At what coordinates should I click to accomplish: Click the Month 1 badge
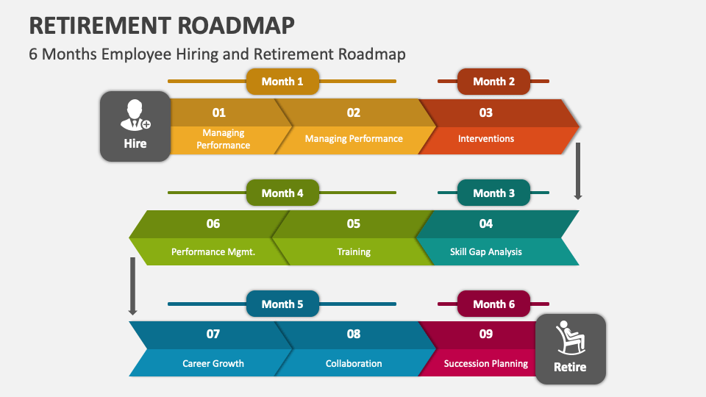[x=282, y=82]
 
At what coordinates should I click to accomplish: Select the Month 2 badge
[x=493, y=82]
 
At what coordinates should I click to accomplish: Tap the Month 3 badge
[x=493, y=193]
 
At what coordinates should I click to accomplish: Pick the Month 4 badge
[x=282, y=193]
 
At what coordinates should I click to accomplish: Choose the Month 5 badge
[x=282, y=304]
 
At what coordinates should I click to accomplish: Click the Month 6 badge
[x=493, y=304]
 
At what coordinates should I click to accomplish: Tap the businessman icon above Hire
[x=135, y=115]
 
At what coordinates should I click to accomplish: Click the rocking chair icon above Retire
[x=570, y=337]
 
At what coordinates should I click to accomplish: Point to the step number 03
[x=486, y=112]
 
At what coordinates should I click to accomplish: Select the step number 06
[x=213, y=223]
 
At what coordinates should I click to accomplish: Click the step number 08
[x=354, y=334]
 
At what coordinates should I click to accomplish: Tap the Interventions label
[x=486, y=139]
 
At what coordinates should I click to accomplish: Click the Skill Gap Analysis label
[x=486, y=251]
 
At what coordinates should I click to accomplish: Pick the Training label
[x=354, y=251]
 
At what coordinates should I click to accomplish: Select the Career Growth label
[x=213, y=363]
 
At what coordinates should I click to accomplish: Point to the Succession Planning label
[x=486, y=363]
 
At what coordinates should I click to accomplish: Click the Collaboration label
[x=354, y=363]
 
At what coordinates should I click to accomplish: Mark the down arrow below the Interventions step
[x=578, y=171]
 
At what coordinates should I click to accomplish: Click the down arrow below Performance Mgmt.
[x=133, y=286]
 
